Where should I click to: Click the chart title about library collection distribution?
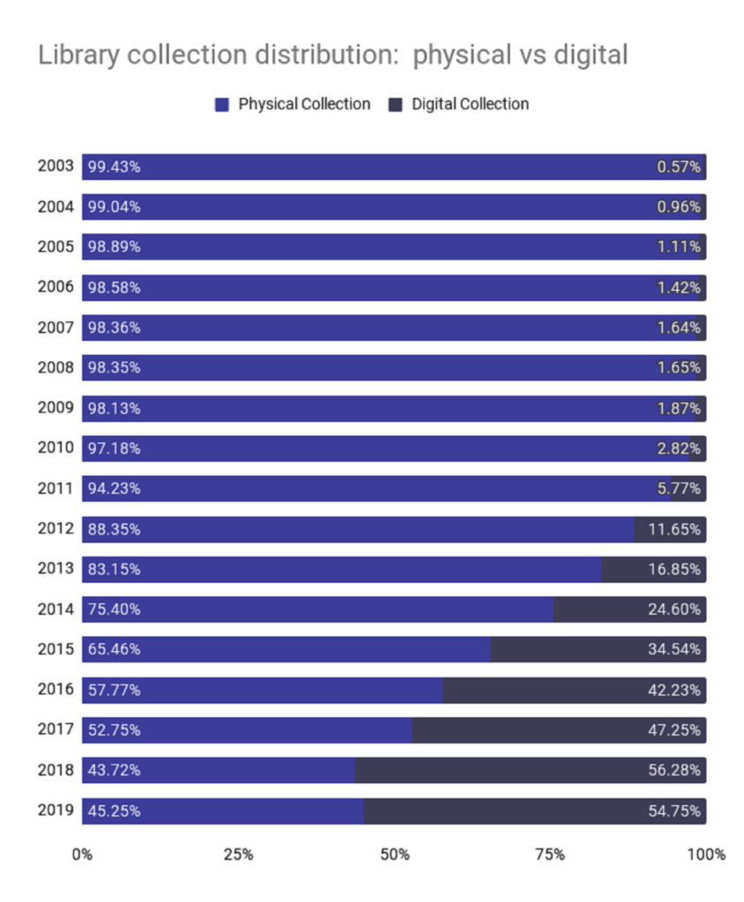pos(332,55)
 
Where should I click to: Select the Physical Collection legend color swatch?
pos(222,105)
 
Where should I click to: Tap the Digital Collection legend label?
pos(471,105)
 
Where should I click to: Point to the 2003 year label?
pos(55,166)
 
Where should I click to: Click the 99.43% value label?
pos(114,166)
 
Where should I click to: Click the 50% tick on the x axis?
pos(395,854)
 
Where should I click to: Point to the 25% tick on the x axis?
pos(238,854)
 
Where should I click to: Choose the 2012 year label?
pos(55,529)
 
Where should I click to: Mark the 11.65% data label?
pos(675,529)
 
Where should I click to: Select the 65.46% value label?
pos(114,649)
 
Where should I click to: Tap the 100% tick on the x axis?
pos(706,854)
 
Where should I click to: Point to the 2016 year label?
pos(55,690)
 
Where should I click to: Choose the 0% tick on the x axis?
pos(82,854)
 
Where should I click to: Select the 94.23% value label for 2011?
pos(114,488)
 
